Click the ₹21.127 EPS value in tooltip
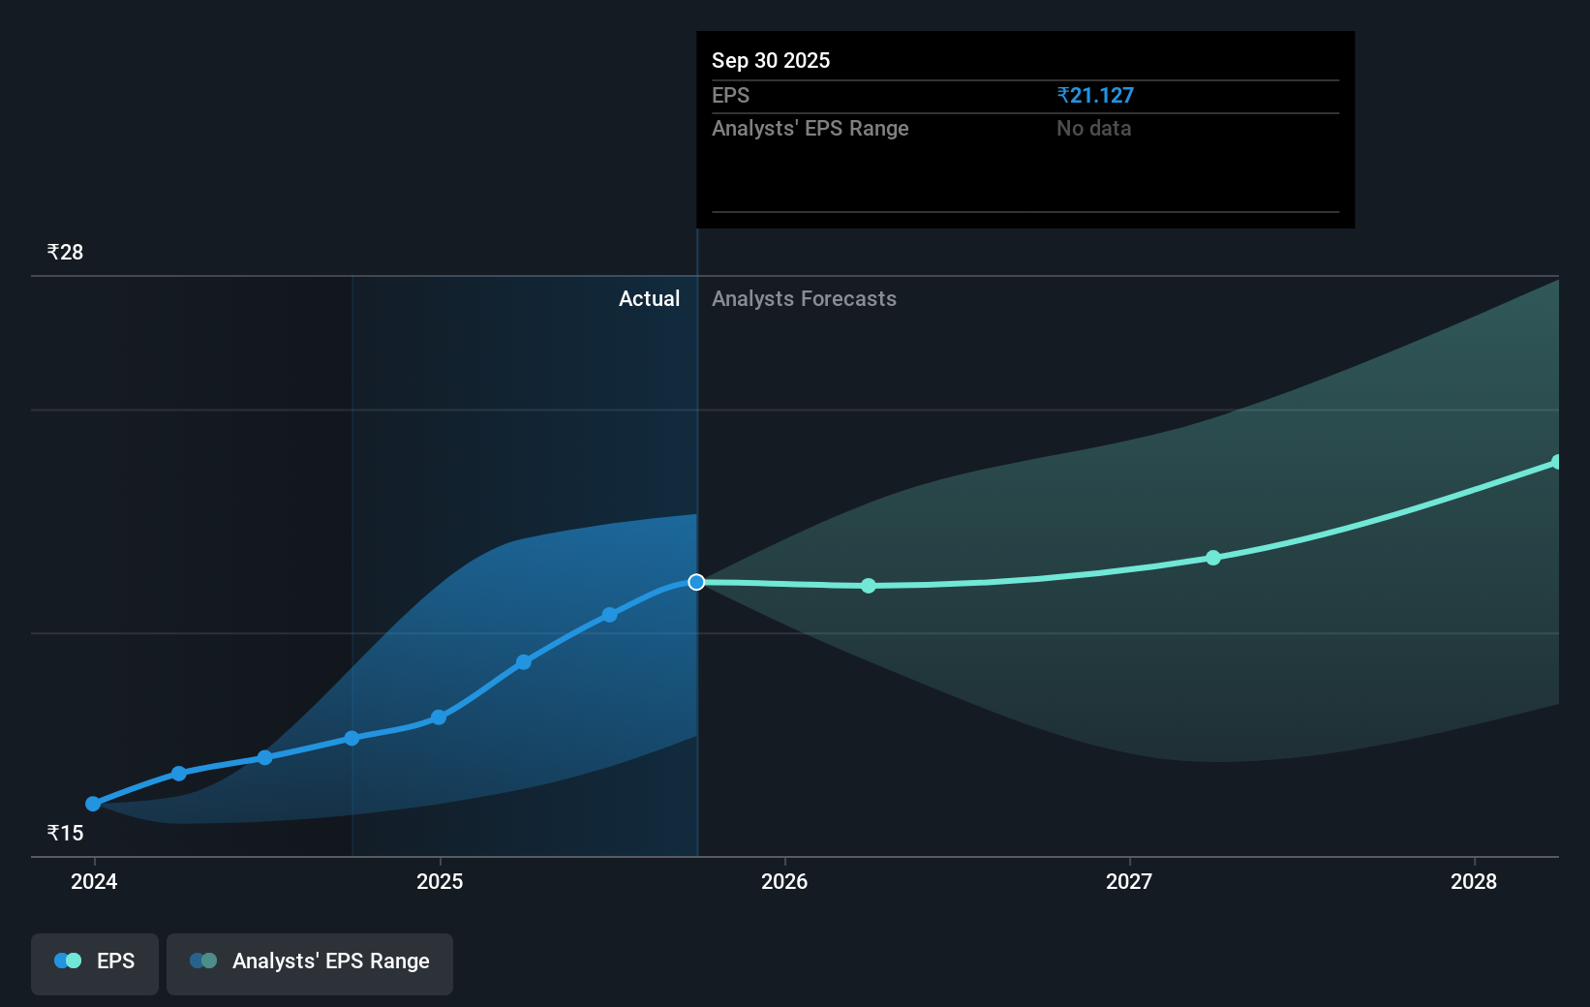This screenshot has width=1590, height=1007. [x=1095, y=95]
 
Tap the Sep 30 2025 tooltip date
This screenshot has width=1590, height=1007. [x=771, y=60]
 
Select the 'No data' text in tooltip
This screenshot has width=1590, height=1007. [x=1093, y=128]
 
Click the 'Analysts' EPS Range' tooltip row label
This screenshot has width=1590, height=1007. [x=810, y=128]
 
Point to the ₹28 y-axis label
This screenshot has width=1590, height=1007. [x=65, y=252]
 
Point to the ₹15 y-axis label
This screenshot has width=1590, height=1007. [x=65, y=833]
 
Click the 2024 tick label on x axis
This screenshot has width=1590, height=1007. [x=94, y=881]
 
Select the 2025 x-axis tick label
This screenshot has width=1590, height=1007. [x=440, y=881]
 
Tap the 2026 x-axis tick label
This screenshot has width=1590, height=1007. [x=784, y=881]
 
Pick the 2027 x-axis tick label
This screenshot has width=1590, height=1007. [x=1129, y=881]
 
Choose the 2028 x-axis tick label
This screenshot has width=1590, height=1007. [x=1474, y=881]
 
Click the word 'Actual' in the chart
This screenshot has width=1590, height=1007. [x=649, y=298]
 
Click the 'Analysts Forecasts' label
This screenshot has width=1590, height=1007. [x=804, y=298]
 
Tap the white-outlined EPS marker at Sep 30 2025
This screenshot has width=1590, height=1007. [x=696, y=582]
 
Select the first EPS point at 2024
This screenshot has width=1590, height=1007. [x=93, y=804]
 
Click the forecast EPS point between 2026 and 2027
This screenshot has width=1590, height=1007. [x=869, y=586]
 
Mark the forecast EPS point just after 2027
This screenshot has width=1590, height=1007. [x=1213, y=558]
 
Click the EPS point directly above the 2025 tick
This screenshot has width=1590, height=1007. [x=439, y=717]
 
